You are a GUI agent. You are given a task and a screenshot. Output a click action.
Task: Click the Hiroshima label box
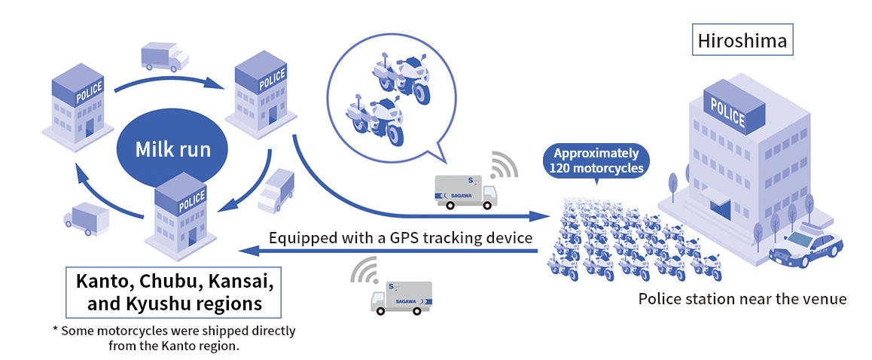[742, 41]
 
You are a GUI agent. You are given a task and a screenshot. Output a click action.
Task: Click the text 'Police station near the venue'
[742, 299]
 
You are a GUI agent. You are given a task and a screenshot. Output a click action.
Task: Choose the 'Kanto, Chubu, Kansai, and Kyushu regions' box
[174, 292]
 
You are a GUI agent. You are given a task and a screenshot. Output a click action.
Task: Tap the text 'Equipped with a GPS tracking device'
[401, 238]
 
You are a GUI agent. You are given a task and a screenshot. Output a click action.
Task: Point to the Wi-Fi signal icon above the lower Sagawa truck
[366, 272]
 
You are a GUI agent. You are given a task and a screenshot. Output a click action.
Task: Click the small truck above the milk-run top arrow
[164, 56]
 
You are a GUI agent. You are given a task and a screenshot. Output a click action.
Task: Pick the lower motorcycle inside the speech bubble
[375, 117]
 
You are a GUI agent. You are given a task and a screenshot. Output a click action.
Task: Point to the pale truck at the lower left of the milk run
[87, 218]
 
